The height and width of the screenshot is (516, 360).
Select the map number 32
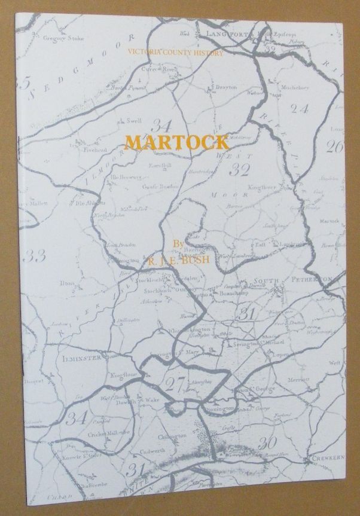239,170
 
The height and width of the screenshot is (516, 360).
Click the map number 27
176,383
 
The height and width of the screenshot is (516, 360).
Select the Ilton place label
67,282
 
